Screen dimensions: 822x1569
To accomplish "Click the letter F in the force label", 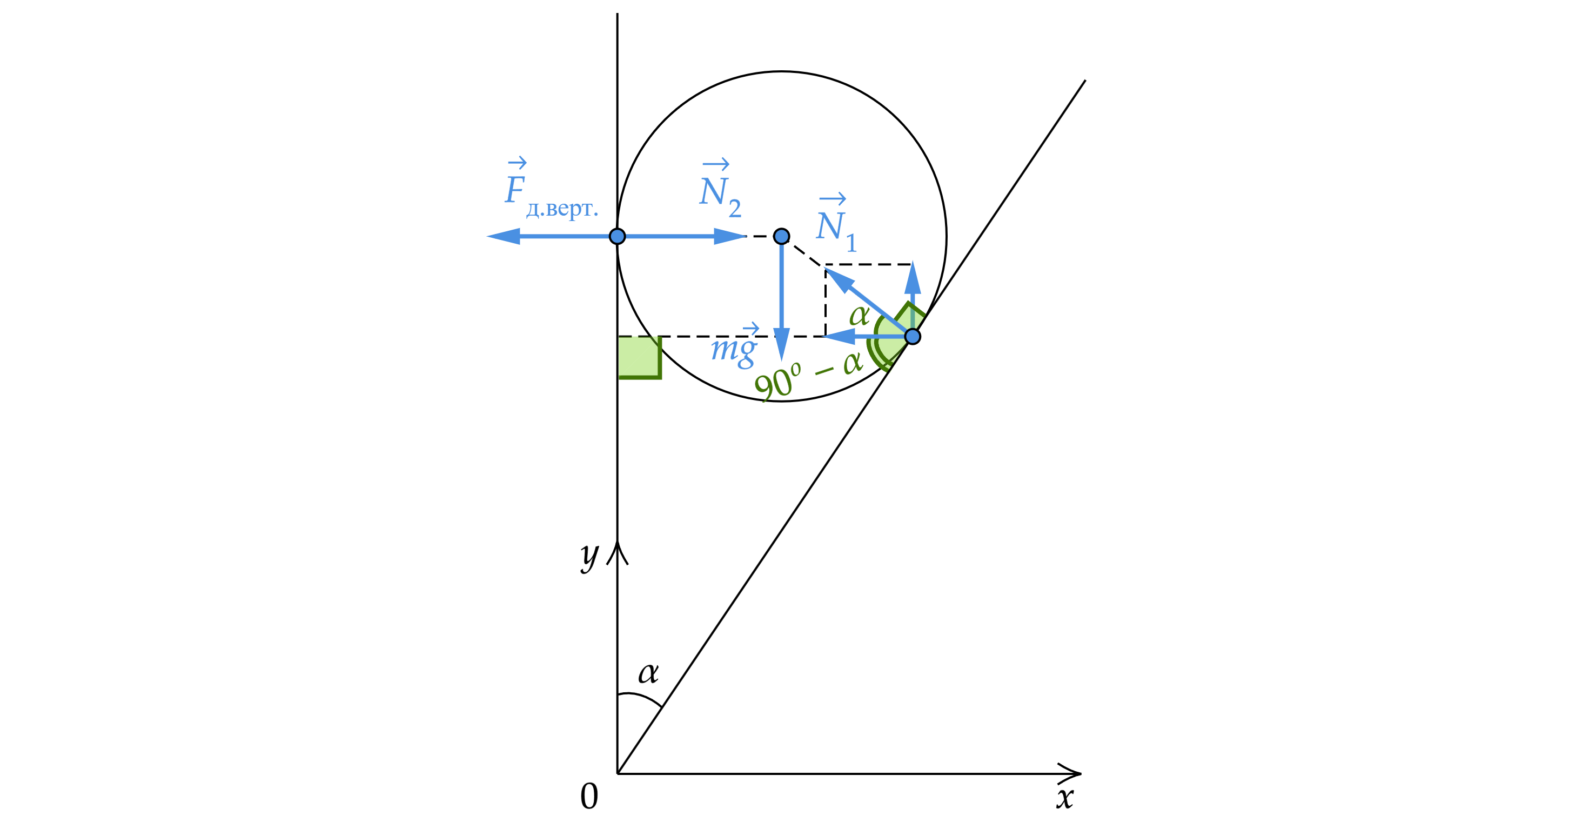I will (x=515, y=190).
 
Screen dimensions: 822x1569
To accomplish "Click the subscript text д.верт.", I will (x=561, y=209).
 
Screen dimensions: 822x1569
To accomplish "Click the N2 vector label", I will (x=719, y=190).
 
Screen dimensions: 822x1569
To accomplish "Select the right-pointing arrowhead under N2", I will (x=730, y=236).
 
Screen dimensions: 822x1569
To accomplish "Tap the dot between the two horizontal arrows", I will (x=617, y=236).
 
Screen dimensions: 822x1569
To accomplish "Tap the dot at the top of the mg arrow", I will (x=781, y=236).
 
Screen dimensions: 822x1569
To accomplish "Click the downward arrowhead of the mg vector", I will (x=781, y=344).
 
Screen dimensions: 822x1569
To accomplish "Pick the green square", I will (x=640, y=358).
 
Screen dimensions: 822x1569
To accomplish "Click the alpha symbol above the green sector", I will (x=859, y=316).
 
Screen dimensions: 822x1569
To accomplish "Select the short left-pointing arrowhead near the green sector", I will (x=838, y=336).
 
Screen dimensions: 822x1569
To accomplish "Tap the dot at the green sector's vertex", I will (x=912, y=336).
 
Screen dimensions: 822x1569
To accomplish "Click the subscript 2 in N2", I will (x=735, y=209).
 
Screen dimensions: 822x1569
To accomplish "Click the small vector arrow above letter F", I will (x=517, y=163).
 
